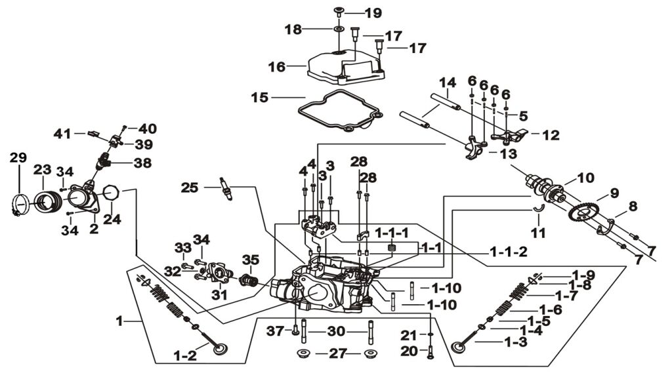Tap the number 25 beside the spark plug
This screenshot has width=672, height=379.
click(190, 188)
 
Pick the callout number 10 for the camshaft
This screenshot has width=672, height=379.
click(585, 178)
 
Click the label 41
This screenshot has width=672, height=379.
click(62, 133)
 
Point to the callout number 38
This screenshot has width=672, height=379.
click(142, 162)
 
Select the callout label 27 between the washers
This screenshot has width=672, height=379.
click(337, 354)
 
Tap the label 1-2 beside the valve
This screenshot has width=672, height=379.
click(185, 355)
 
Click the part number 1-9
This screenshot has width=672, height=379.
click(583, 275)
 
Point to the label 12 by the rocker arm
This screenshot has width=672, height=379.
click(551, 135)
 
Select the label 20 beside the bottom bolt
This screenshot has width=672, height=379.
click(409, 351)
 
